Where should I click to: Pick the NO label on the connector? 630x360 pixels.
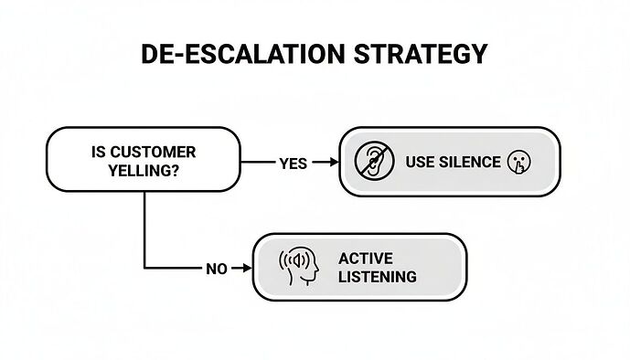click(216, 269)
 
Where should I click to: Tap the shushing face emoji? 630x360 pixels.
click(518, 163)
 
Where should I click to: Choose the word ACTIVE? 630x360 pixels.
click(364, 259)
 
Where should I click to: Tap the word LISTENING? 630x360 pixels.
click(377, 276)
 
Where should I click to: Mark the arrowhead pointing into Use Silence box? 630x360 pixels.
click(331, 163)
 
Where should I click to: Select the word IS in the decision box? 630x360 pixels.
click(100, 152)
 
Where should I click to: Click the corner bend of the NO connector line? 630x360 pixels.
click(144, 269)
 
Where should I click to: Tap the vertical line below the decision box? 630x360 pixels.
click(144, 228)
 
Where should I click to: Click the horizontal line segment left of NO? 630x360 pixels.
click(174, 269)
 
